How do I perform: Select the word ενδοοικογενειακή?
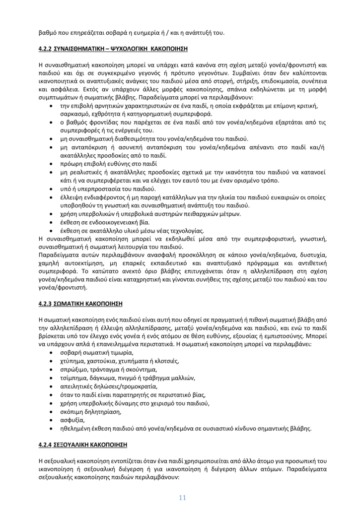click(111, 222)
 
